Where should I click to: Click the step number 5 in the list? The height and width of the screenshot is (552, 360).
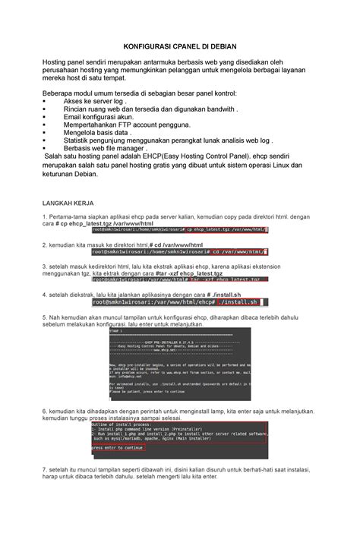(46, 317)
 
